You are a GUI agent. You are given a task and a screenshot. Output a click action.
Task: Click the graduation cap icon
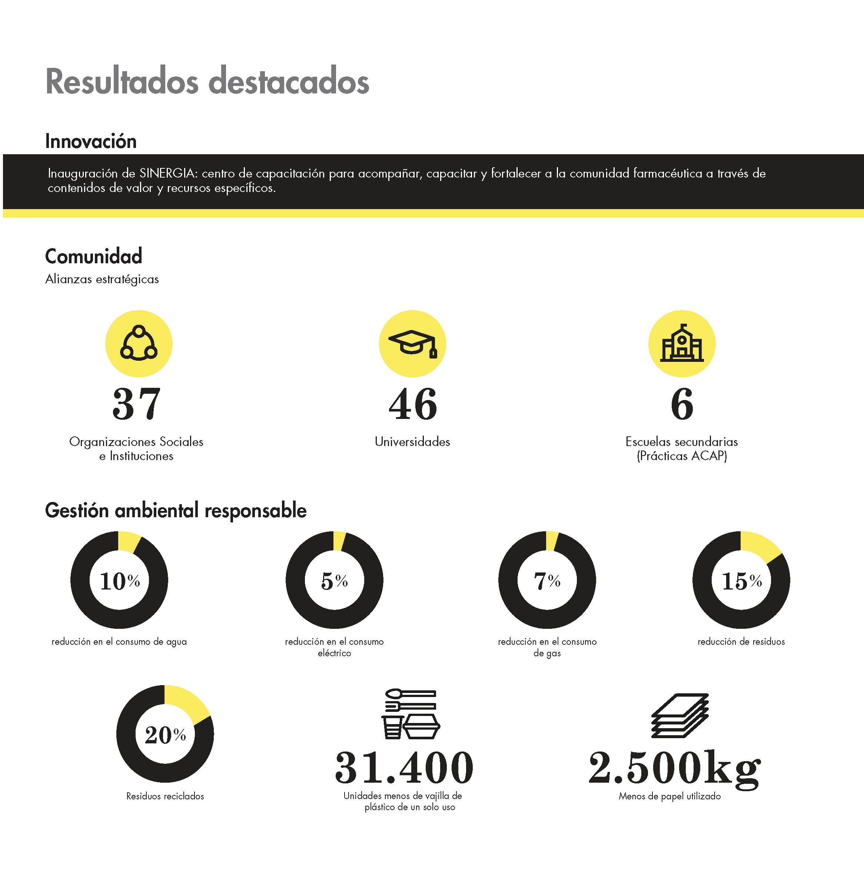pyautogui.click(x=412, y=343)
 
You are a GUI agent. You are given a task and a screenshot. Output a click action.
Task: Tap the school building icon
pyautogui.click(x=682, y=343)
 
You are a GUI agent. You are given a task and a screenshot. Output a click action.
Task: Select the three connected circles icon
pyautogui.click(x=139, y=343)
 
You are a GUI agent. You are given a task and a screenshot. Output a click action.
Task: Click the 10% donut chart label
pyautogui.click(x=120, y=581)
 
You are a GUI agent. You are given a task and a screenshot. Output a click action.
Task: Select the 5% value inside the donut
pyautogui.click(x=335, y=581)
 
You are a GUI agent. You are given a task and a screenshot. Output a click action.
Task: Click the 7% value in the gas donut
pyautogui.click(x=547, y=581)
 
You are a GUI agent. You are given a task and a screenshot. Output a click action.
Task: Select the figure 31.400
pyautogui.click(x=404, y=768)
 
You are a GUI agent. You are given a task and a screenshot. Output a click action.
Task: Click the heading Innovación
pyautogui.click(x=91, y=141)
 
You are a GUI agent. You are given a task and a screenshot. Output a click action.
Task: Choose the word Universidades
pyautogui.click(x=412, y=442)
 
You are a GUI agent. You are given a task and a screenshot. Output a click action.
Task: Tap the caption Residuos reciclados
pyautogui.click(x=165, y=796)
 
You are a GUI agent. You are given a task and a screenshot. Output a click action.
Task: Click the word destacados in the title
pyautogui.click(x=289, y=82)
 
